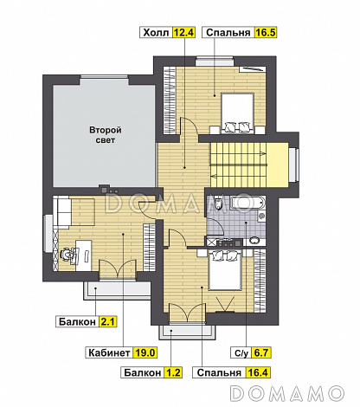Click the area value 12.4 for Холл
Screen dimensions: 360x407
(183, 32)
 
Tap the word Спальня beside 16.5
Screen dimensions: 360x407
(228, 32)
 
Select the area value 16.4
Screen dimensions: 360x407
(258, 372)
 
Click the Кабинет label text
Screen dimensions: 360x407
(109, 352)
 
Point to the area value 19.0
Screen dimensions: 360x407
(145, 352)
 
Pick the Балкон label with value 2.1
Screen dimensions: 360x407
(77, 321)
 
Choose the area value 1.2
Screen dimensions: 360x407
(173, 372)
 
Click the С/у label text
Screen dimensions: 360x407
(241, 352)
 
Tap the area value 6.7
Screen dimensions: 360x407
(260, 352)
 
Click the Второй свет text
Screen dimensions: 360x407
(106, 135)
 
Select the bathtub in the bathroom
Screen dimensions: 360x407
(247, 203)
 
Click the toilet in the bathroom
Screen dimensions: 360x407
(218, 203)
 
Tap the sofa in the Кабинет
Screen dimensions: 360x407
(64, 211)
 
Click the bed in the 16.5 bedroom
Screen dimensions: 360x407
(238, 113)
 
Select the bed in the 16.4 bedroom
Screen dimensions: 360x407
(225, 269)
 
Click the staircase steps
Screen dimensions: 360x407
(239, 165)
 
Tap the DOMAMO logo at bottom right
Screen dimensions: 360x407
(287, 393)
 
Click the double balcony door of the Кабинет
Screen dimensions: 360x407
(118, 269)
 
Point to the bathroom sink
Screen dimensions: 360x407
(254, 241)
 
